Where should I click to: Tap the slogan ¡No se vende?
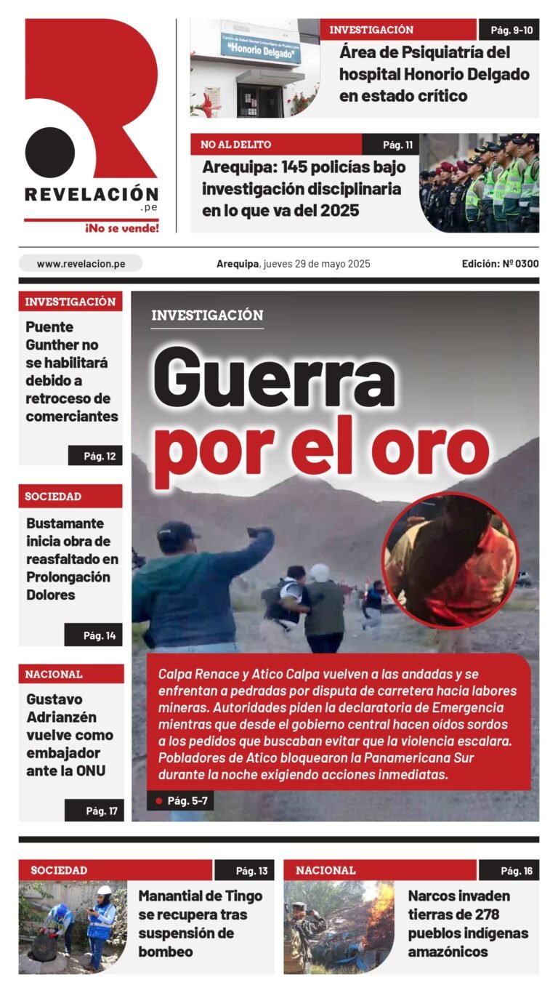point(122,228)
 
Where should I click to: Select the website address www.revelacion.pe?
point(81,264)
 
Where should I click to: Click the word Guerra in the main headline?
point(274,379)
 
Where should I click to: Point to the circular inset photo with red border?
point(450,560)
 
